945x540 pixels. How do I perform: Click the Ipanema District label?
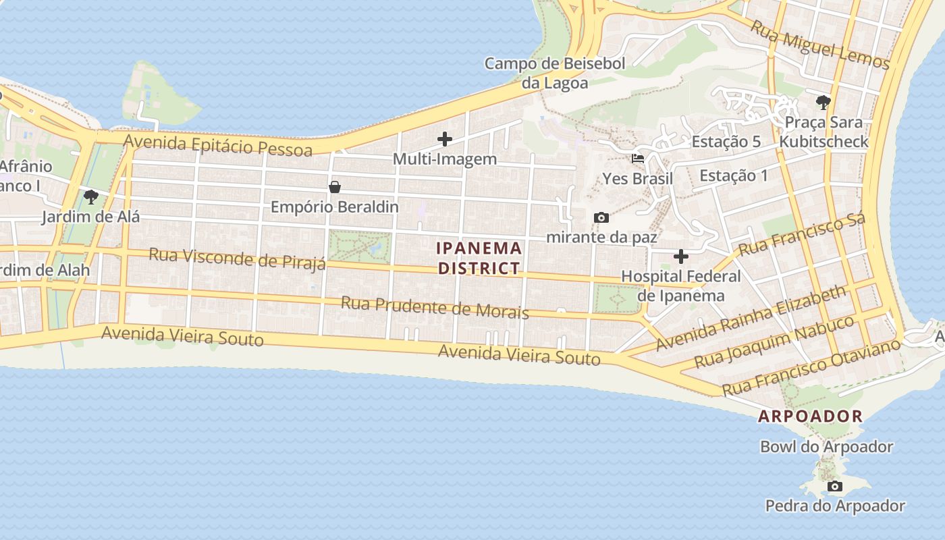click(479, 258)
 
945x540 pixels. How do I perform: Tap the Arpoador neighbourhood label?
click(810, 416)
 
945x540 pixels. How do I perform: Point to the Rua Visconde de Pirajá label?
click(237, 258)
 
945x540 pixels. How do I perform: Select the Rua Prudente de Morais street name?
click(435, 307)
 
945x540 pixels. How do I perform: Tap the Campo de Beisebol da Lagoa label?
click(555, 73)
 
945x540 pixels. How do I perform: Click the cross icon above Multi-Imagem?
click(445, 140)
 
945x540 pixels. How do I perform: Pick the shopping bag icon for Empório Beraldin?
click(334, 187)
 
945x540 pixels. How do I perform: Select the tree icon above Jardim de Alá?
click(90, 197)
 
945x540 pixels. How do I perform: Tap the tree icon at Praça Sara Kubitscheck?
click(823, 103)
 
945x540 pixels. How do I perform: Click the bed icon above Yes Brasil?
click(637, 159)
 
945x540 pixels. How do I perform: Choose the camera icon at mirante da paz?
click(601, 217)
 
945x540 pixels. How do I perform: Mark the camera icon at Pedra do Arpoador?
click(835, 486)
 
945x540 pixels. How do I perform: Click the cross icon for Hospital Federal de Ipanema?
click(680, 256)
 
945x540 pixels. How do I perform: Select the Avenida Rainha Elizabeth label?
click(751, 318)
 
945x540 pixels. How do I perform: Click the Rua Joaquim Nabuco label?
click(774, 342)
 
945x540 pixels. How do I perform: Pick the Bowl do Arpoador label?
click(826, 447)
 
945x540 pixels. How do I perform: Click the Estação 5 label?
click(726, 142)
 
